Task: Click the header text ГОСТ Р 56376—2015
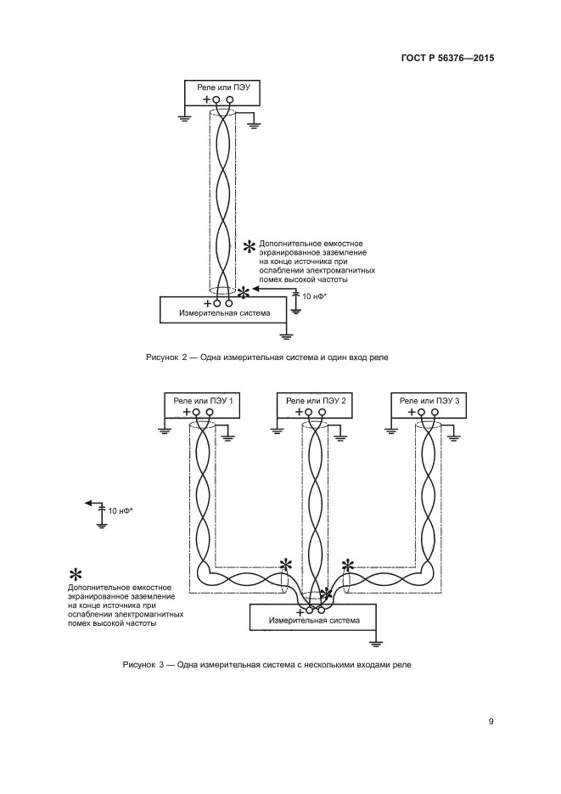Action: click(447, 59)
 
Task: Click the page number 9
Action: click(491, 722)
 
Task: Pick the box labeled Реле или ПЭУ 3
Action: click(429, 400)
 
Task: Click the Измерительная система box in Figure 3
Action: click(313, 620)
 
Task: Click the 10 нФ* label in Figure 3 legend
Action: click(121, 510)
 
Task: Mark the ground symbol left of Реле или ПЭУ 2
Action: click(277, 431)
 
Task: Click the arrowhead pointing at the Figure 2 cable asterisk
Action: click(258, 290)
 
